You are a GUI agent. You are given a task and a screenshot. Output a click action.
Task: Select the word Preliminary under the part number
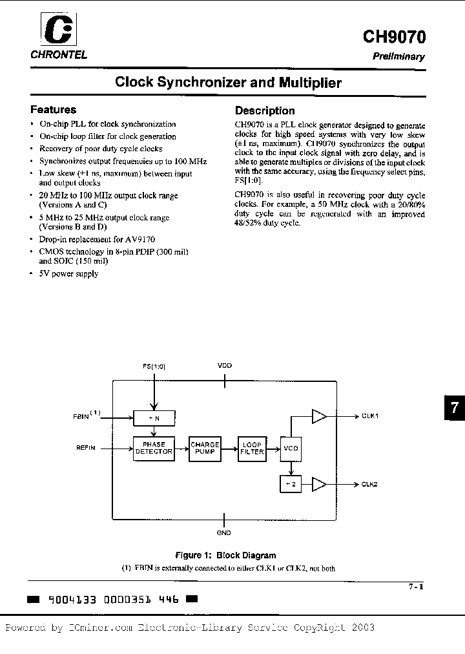coord(398,56)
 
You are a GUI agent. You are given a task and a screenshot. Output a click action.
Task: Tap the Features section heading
coord(54,110)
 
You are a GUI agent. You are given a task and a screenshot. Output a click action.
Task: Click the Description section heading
coord(265,111)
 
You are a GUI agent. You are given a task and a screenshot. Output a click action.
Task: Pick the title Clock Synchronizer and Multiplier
coord(228,83)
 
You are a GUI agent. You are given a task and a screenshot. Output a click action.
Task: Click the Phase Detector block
coord(154,448)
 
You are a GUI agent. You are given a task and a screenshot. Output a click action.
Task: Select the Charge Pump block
coord(205,448)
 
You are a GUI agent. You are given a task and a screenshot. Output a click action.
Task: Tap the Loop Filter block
coord(252,448)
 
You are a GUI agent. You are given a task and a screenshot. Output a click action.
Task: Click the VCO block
coord(291,448)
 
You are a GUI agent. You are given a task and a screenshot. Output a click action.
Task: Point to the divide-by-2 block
coord(291,484)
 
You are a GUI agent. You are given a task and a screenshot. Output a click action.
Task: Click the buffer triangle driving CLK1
coord(319,416)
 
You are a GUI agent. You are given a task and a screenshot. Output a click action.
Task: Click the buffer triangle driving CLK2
coord(319,484)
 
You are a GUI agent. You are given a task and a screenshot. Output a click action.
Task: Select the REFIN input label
coord(86,447)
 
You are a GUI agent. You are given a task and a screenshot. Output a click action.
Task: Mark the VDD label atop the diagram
coord(224,366)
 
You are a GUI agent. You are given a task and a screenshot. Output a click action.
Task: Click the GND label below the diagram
coord(224,533)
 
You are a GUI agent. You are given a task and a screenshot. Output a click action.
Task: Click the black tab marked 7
coord(454,408)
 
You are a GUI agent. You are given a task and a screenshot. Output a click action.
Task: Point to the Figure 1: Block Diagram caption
coord(225,555)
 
